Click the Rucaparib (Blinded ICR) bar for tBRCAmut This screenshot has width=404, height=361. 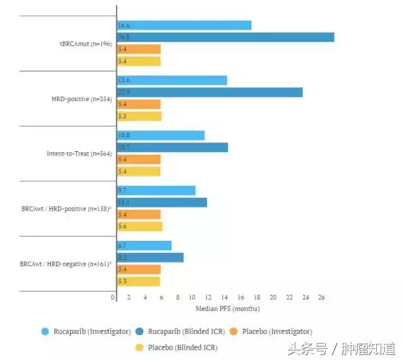click(225, 37)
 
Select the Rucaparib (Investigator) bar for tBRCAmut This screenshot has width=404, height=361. click(184, 25)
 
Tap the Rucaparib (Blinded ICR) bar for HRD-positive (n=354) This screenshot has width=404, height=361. click(210, 92)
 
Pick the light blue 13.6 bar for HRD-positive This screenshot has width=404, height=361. click(172, 80)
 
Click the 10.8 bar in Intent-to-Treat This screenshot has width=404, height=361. click(161, 135)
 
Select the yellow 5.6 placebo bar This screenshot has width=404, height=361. click(140, 226)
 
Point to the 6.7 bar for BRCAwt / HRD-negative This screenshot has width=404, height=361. click(145, 245)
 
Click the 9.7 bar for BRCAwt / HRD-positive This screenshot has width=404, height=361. click(157, 190)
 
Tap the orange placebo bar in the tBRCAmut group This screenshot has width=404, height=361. click(139, 49)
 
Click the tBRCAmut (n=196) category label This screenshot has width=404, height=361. click(83, 44)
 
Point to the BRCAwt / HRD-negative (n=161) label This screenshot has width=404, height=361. click(66, 263)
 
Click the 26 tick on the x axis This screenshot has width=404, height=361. click(321, 297)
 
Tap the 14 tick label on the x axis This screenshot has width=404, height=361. click(225, 297)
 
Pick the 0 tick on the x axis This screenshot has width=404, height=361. click(114, 297)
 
